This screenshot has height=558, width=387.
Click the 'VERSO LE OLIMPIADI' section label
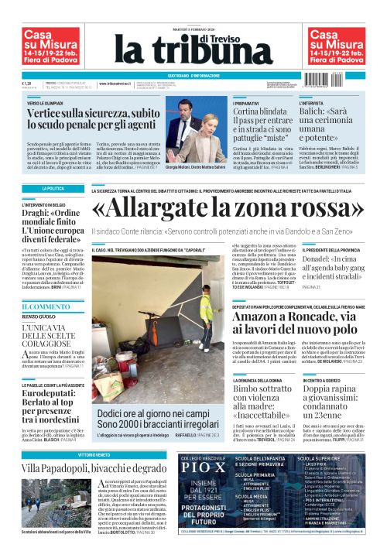click(48, 102)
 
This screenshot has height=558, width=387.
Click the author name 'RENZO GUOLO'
click(39, 317)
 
